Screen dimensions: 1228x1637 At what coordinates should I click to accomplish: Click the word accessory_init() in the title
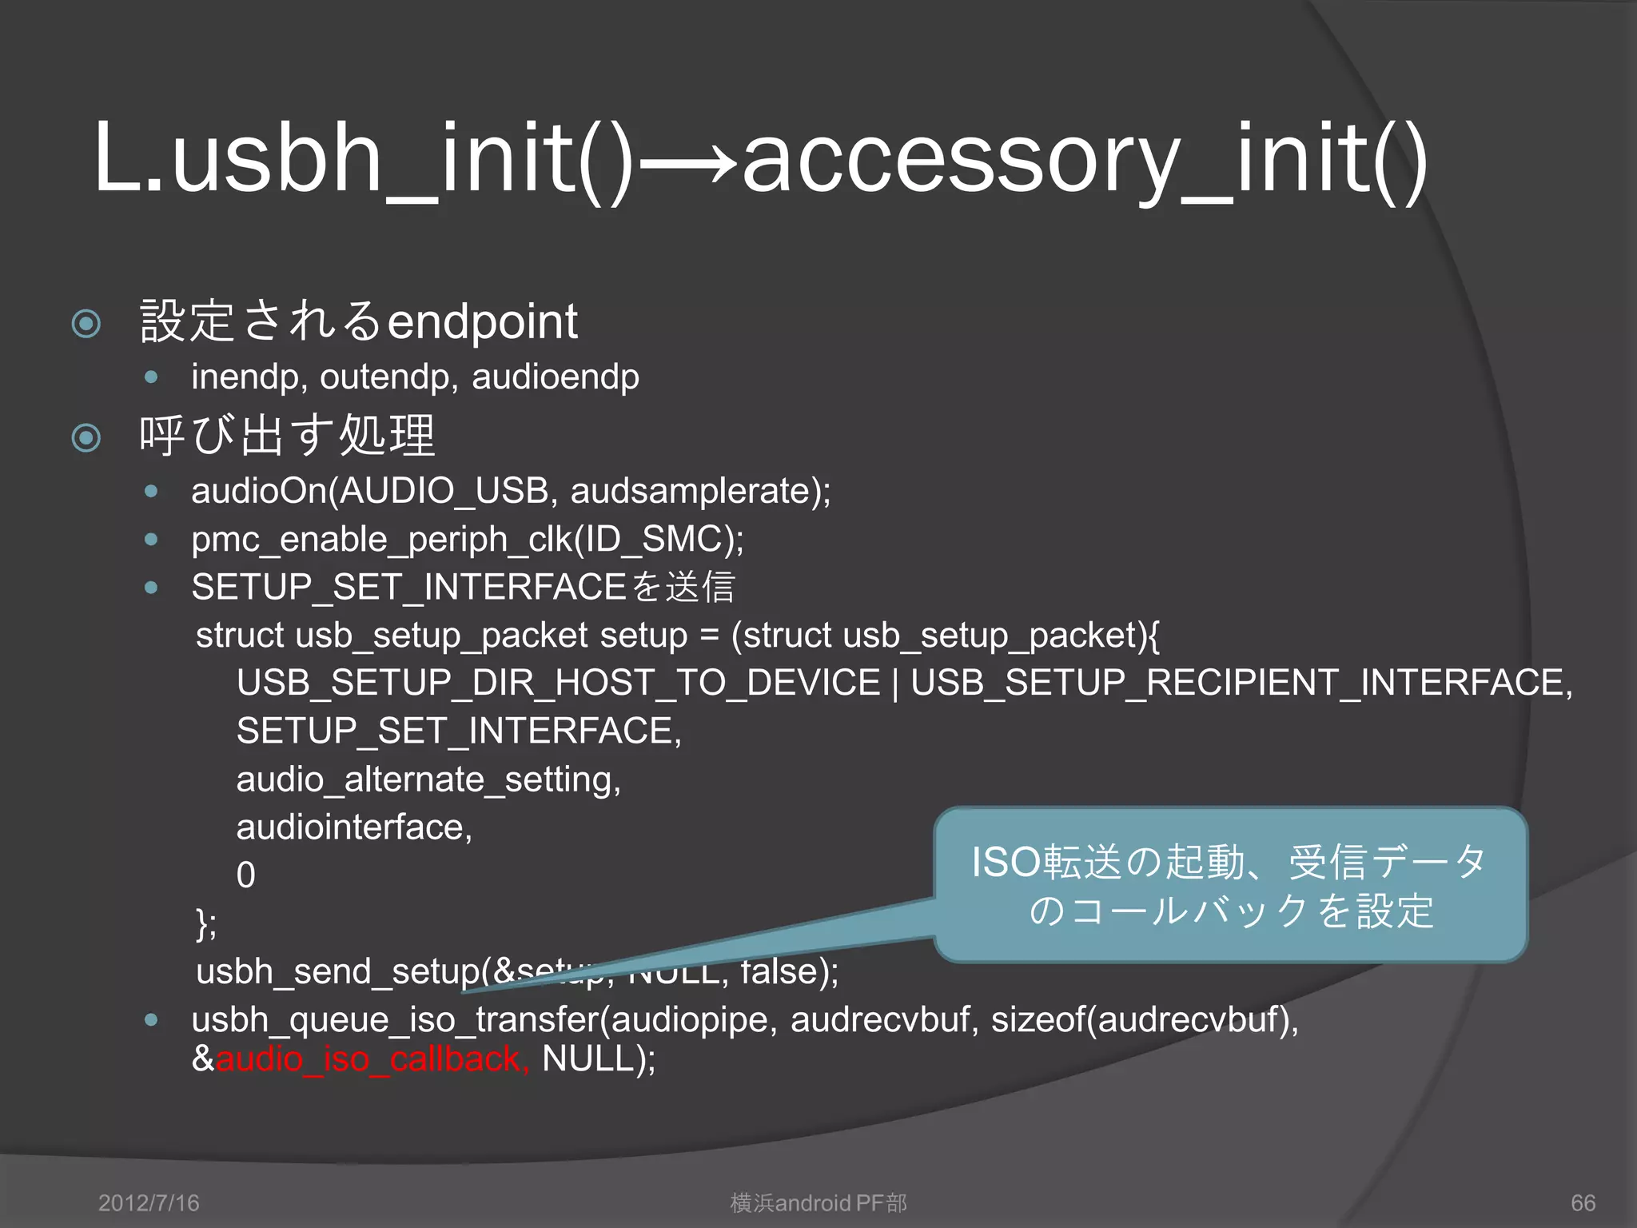(x=1084, y=157)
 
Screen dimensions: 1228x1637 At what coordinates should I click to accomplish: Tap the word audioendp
(x=555, y=377)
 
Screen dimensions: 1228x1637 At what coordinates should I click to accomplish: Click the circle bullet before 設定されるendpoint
(x=86, y=324)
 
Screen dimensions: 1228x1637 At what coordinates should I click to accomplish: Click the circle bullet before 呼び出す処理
(x=86, y=437)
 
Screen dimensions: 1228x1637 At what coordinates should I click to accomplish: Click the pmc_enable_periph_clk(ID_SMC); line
(x=468, y=539)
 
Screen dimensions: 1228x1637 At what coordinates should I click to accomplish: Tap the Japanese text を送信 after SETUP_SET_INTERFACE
(x=682, y=587)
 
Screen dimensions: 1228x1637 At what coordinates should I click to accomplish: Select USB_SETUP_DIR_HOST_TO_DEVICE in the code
(x=558, y=683)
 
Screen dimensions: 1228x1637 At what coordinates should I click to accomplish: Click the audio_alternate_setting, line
(x=428, y=779)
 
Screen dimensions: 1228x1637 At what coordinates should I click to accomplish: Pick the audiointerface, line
(x=354, y=827)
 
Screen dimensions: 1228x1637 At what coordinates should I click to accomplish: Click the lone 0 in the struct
(x=246, y=875)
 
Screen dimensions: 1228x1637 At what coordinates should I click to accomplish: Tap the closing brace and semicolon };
(x=206, y=924)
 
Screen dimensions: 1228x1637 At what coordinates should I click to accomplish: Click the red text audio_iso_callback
(x=372, y=1059)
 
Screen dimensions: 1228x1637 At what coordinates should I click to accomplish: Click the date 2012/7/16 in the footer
(x=149, y=1202)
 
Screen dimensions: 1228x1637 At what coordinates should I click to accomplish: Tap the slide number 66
(x=1583, y=1202)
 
